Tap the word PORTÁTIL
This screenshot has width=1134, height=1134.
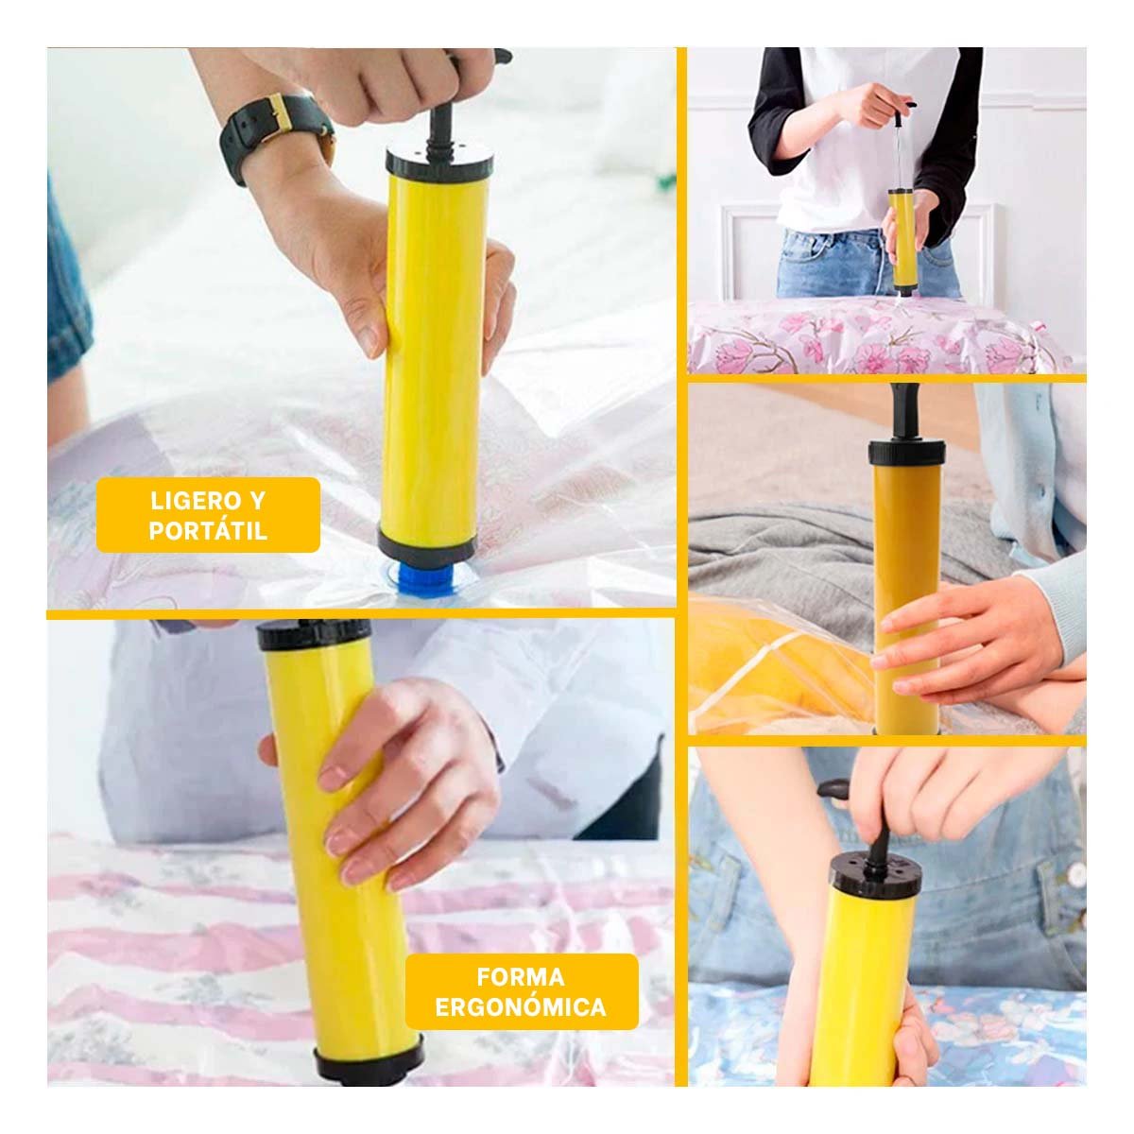(x=208, y=530)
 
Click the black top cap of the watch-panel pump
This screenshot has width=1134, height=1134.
(x=439, y=160)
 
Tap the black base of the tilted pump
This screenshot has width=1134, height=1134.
(x=369, y=1057)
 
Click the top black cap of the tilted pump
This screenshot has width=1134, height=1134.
(x=315, y=634)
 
